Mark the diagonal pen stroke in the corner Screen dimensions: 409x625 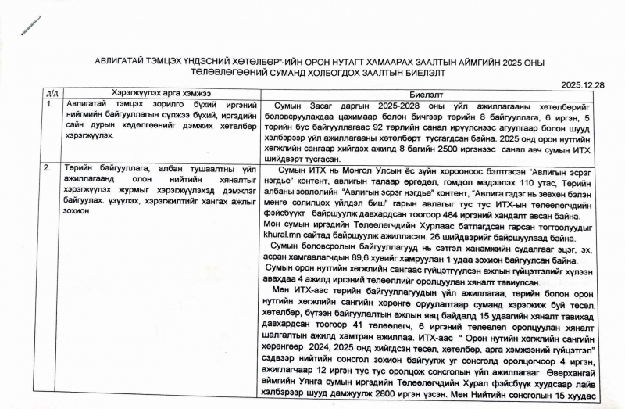[31, 26]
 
